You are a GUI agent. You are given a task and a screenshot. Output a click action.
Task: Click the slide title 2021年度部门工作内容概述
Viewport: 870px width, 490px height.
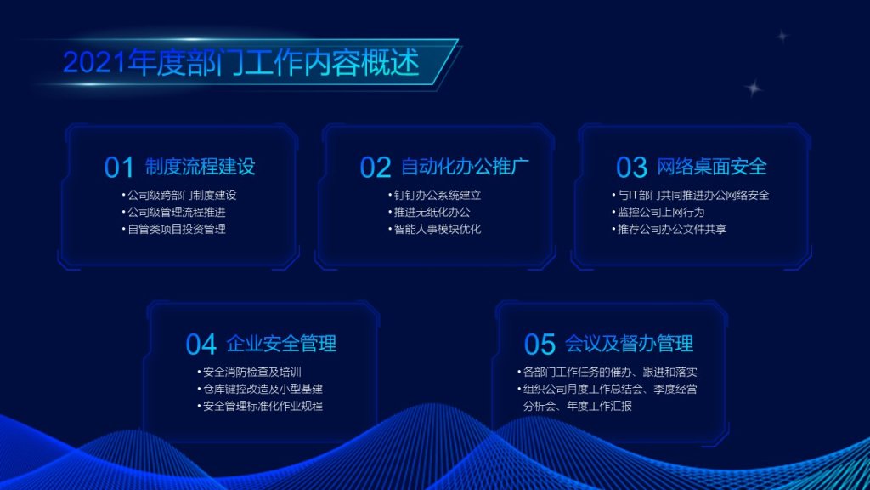point(241,62)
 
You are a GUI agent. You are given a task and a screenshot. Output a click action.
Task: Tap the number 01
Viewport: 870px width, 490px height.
point(119,168)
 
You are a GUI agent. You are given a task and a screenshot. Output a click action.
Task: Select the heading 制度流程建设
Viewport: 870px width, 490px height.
point(201,166)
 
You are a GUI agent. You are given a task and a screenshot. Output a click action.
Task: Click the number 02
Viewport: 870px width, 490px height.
point(375,168)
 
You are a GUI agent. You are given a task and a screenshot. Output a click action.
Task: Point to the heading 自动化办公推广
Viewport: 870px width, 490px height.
point(465,166)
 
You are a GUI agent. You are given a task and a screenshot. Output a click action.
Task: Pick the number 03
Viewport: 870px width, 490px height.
point(631,168)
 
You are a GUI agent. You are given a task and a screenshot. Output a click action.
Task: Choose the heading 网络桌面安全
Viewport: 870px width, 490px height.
point(712,166)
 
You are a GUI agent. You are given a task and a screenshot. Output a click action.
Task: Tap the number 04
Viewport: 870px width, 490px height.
point(201,345)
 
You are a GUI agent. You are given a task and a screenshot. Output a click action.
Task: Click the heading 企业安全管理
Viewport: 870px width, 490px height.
point(281,344)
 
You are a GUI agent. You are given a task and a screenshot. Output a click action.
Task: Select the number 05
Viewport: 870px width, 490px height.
point(540,345)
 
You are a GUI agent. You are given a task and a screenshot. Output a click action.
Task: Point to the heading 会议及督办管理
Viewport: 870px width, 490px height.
point(630,344)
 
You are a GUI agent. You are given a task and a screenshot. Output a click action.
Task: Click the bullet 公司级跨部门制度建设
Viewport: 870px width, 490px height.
point(182,195)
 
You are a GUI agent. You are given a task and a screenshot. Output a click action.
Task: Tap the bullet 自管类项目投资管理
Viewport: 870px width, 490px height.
point(177,229)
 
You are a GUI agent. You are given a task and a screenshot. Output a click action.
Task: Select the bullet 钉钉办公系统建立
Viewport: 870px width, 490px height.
point(438,195)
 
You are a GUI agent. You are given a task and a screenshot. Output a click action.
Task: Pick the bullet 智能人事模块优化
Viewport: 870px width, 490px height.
point(438,229)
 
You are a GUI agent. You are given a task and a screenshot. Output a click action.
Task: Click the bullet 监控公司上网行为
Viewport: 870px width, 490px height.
point(661,212)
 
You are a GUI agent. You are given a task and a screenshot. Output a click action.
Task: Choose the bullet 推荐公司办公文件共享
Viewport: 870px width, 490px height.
point(672,229)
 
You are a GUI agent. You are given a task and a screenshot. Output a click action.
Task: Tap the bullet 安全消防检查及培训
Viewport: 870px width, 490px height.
point(251,373)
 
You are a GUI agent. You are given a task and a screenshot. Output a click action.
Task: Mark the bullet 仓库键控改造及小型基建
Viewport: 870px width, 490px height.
point(263,389)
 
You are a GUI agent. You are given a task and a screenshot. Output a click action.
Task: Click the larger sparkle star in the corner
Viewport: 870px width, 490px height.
point(754,88)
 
